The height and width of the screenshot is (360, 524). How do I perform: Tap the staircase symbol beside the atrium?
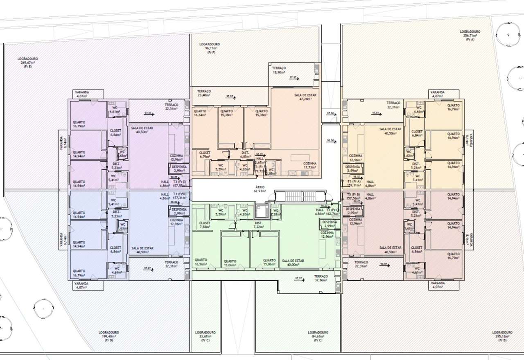pos(300,196)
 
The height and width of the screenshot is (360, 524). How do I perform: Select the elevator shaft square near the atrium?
pos(260,210)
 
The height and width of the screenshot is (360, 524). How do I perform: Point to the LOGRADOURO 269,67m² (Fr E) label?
pos(28,62)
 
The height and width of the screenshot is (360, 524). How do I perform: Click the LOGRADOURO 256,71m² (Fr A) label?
pos(470,35)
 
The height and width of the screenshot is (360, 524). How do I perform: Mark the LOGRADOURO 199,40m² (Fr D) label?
pos(109,336)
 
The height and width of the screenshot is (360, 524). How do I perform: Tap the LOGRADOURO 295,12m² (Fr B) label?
pos(502,336)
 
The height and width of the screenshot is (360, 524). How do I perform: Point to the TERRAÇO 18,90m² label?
pos(279,70)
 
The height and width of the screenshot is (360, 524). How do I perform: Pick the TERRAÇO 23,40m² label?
pos(203,93)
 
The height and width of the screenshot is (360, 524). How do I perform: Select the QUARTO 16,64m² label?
pos(200,113)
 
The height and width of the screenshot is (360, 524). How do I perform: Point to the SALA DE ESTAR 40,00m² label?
pos(293,263)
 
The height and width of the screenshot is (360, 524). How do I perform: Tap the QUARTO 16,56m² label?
pos(201,262)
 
